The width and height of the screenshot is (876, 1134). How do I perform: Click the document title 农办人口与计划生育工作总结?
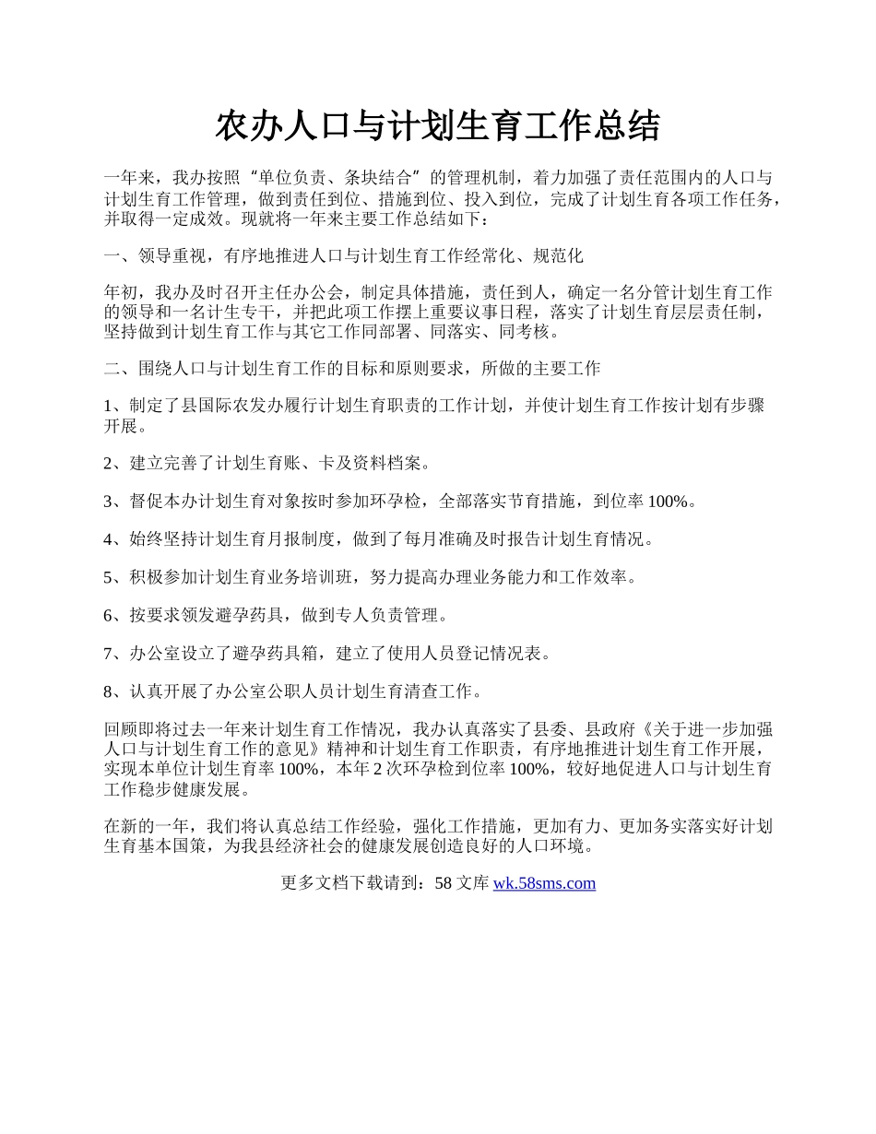coord(437,126)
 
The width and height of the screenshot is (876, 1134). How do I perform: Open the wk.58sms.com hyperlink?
coord(544,883)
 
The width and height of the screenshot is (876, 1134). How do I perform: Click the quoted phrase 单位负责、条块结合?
coord(347,177)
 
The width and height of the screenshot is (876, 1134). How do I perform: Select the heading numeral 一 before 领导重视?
coord(112,255)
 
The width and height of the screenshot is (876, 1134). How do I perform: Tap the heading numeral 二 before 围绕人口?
coord(112,369)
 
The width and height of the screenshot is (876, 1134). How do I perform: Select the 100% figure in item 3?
coord(669,501)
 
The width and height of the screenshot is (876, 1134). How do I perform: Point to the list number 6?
coord(108,615)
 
